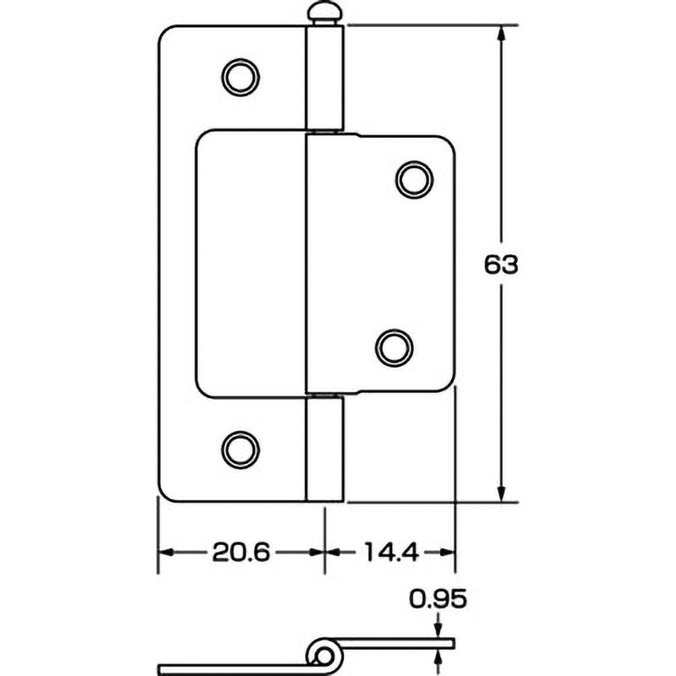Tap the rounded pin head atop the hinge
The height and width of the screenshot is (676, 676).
(324, 14)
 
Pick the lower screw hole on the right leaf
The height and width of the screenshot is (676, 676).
(395, 346)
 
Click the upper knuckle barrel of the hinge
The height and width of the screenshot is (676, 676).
(324, 78)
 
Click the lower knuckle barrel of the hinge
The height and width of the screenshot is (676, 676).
(324, 448)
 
